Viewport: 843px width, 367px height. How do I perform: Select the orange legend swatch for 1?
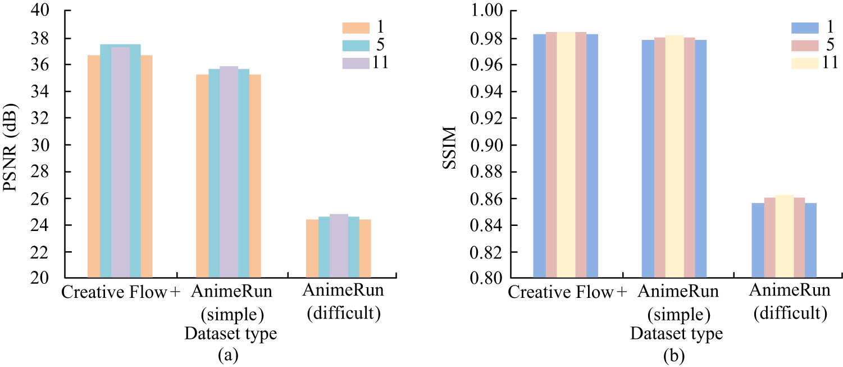point(356,28)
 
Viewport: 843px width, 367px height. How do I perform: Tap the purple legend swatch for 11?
point(356,62)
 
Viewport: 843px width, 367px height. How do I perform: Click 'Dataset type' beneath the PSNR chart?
point(231,334)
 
